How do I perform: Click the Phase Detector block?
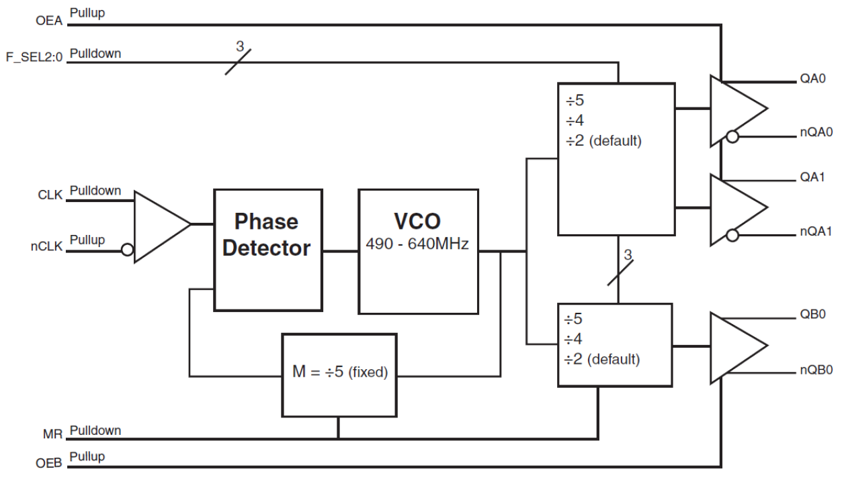(x=267, y=250)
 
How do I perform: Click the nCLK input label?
(x=48, y=247)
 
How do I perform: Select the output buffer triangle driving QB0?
(x=736, y=346)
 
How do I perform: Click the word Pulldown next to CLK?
(x=95, y=191)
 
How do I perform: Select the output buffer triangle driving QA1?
(x=736, y=207)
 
